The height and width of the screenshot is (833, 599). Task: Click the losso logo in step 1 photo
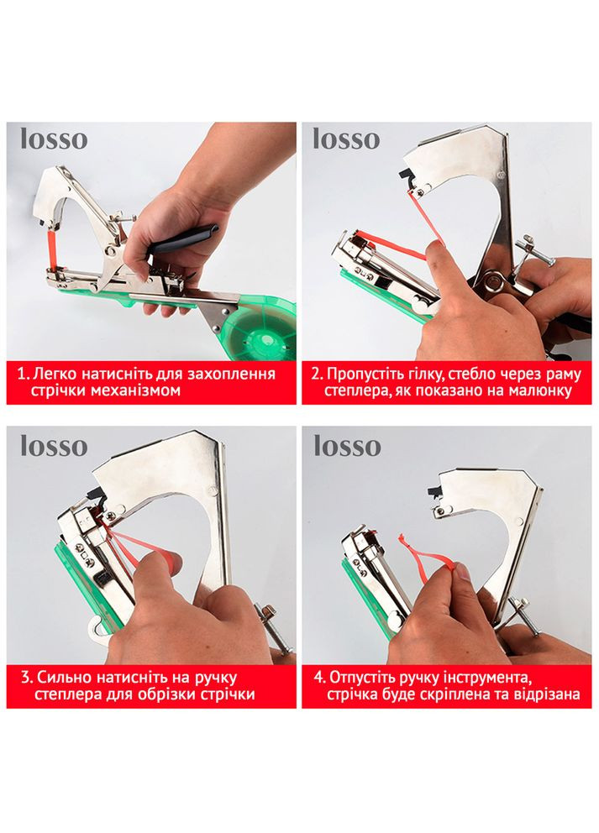tap(54, 139)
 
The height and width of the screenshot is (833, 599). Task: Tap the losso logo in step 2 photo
tap(346, 139)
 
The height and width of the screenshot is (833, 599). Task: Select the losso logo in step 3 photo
tap(54, 446)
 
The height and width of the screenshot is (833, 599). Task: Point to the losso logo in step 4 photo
tap(347, 446)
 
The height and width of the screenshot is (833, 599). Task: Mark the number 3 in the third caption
tap(26, 678)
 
